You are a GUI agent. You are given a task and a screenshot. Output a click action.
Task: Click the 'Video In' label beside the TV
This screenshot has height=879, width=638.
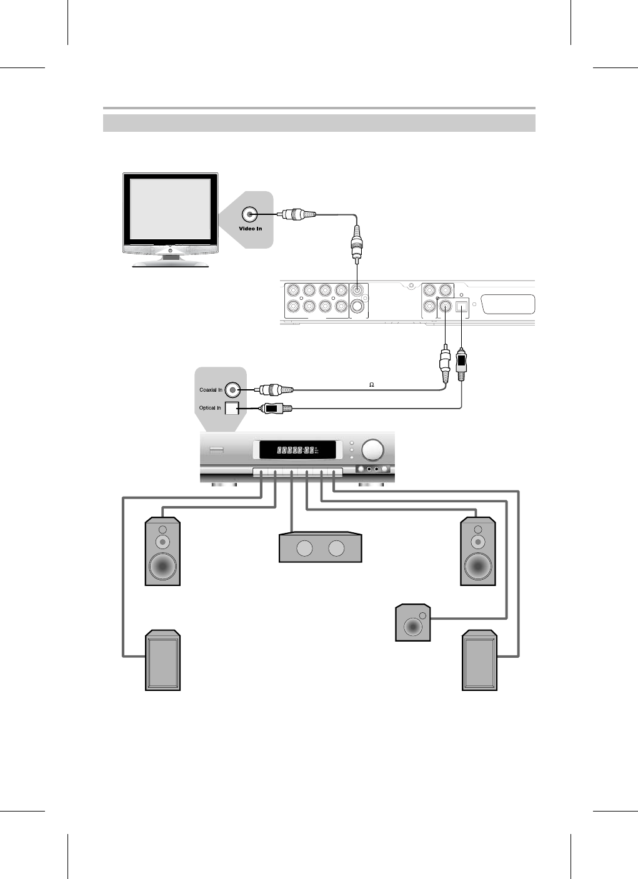pyautogui.click(x=251, y=229)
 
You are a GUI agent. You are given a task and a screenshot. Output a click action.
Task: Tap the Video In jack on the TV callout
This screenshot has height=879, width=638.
pyautogui.click(x=250, y=214)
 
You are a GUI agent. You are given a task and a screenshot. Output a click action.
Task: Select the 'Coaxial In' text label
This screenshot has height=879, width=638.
pyautogui.click(x=211, y=390)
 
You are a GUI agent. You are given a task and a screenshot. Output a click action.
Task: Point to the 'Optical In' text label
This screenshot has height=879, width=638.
pyautogui.click(x=210, y=408)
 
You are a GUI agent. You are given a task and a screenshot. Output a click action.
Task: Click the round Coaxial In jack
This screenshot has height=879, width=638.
pyautogui.click(x=233, y=390)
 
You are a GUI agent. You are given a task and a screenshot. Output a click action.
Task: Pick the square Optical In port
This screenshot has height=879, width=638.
pyautogui.click(x=232, y=409)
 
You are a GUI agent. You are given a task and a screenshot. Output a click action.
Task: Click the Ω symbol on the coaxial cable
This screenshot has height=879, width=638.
pyautogui.click(x=371, y=384)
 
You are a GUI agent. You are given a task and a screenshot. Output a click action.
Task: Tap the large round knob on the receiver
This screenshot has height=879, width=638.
pyautogui.click(x=373, y=450)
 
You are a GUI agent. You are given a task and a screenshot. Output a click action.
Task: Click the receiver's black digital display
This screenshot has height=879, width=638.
pyautogui.click(x=297, y=450)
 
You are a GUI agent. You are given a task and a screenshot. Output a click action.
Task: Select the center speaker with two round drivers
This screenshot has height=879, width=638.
pyautogui.click(x=321, y=548)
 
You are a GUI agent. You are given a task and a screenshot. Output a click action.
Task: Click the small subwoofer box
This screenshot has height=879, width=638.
pyautogui.click(x=413, y=623)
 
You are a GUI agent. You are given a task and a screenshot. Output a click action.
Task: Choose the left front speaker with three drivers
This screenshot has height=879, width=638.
pyautogui.click(x=162, y=552)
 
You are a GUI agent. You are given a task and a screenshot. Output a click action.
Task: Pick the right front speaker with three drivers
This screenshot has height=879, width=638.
pyautogui.click(x=478, y=552)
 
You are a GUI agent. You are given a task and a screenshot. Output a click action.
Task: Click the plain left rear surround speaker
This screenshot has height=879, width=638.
pyautogui.click(x=162, y=661)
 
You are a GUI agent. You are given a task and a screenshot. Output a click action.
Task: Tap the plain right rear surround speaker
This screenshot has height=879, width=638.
pyautogui.click(x=479, y=661)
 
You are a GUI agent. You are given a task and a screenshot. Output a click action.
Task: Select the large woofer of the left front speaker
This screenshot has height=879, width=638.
pyautogui.click(x=162, y=567)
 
